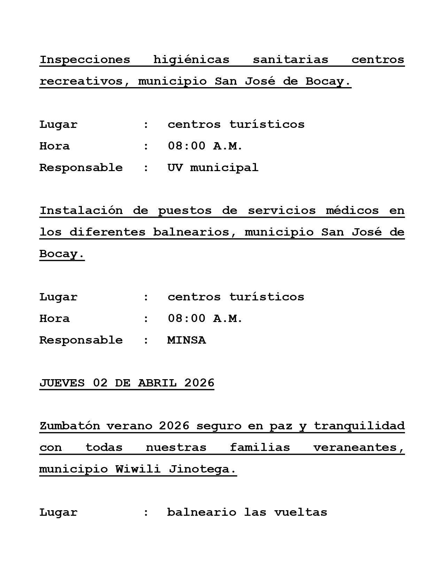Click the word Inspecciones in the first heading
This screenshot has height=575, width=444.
(x=85, y=60)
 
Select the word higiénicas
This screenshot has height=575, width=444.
(x=191, y=60)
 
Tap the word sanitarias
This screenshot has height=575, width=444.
(x=290, y=60)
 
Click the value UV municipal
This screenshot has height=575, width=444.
(x=213, y=168)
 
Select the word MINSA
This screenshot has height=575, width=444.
(x=187, y=340)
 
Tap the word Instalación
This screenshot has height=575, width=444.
(x=81, y=210)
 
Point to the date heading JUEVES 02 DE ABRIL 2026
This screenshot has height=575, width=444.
(x=127, y=383)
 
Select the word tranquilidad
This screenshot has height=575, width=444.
(x=359, y=426)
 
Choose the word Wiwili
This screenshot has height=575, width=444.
(x=138, y=469)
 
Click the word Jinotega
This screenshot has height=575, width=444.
(x=202, y=469)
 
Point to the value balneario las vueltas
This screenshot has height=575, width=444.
(x=247, y=512)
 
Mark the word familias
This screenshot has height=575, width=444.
(x=260, y=447)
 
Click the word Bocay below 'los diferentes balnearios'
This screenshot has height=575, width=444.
(x=61, y=254)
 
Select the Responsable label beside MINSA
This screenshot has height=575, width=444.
(x=81, y=340)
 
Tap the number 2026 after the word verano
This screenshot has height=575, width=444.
(x=174, y=426)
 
